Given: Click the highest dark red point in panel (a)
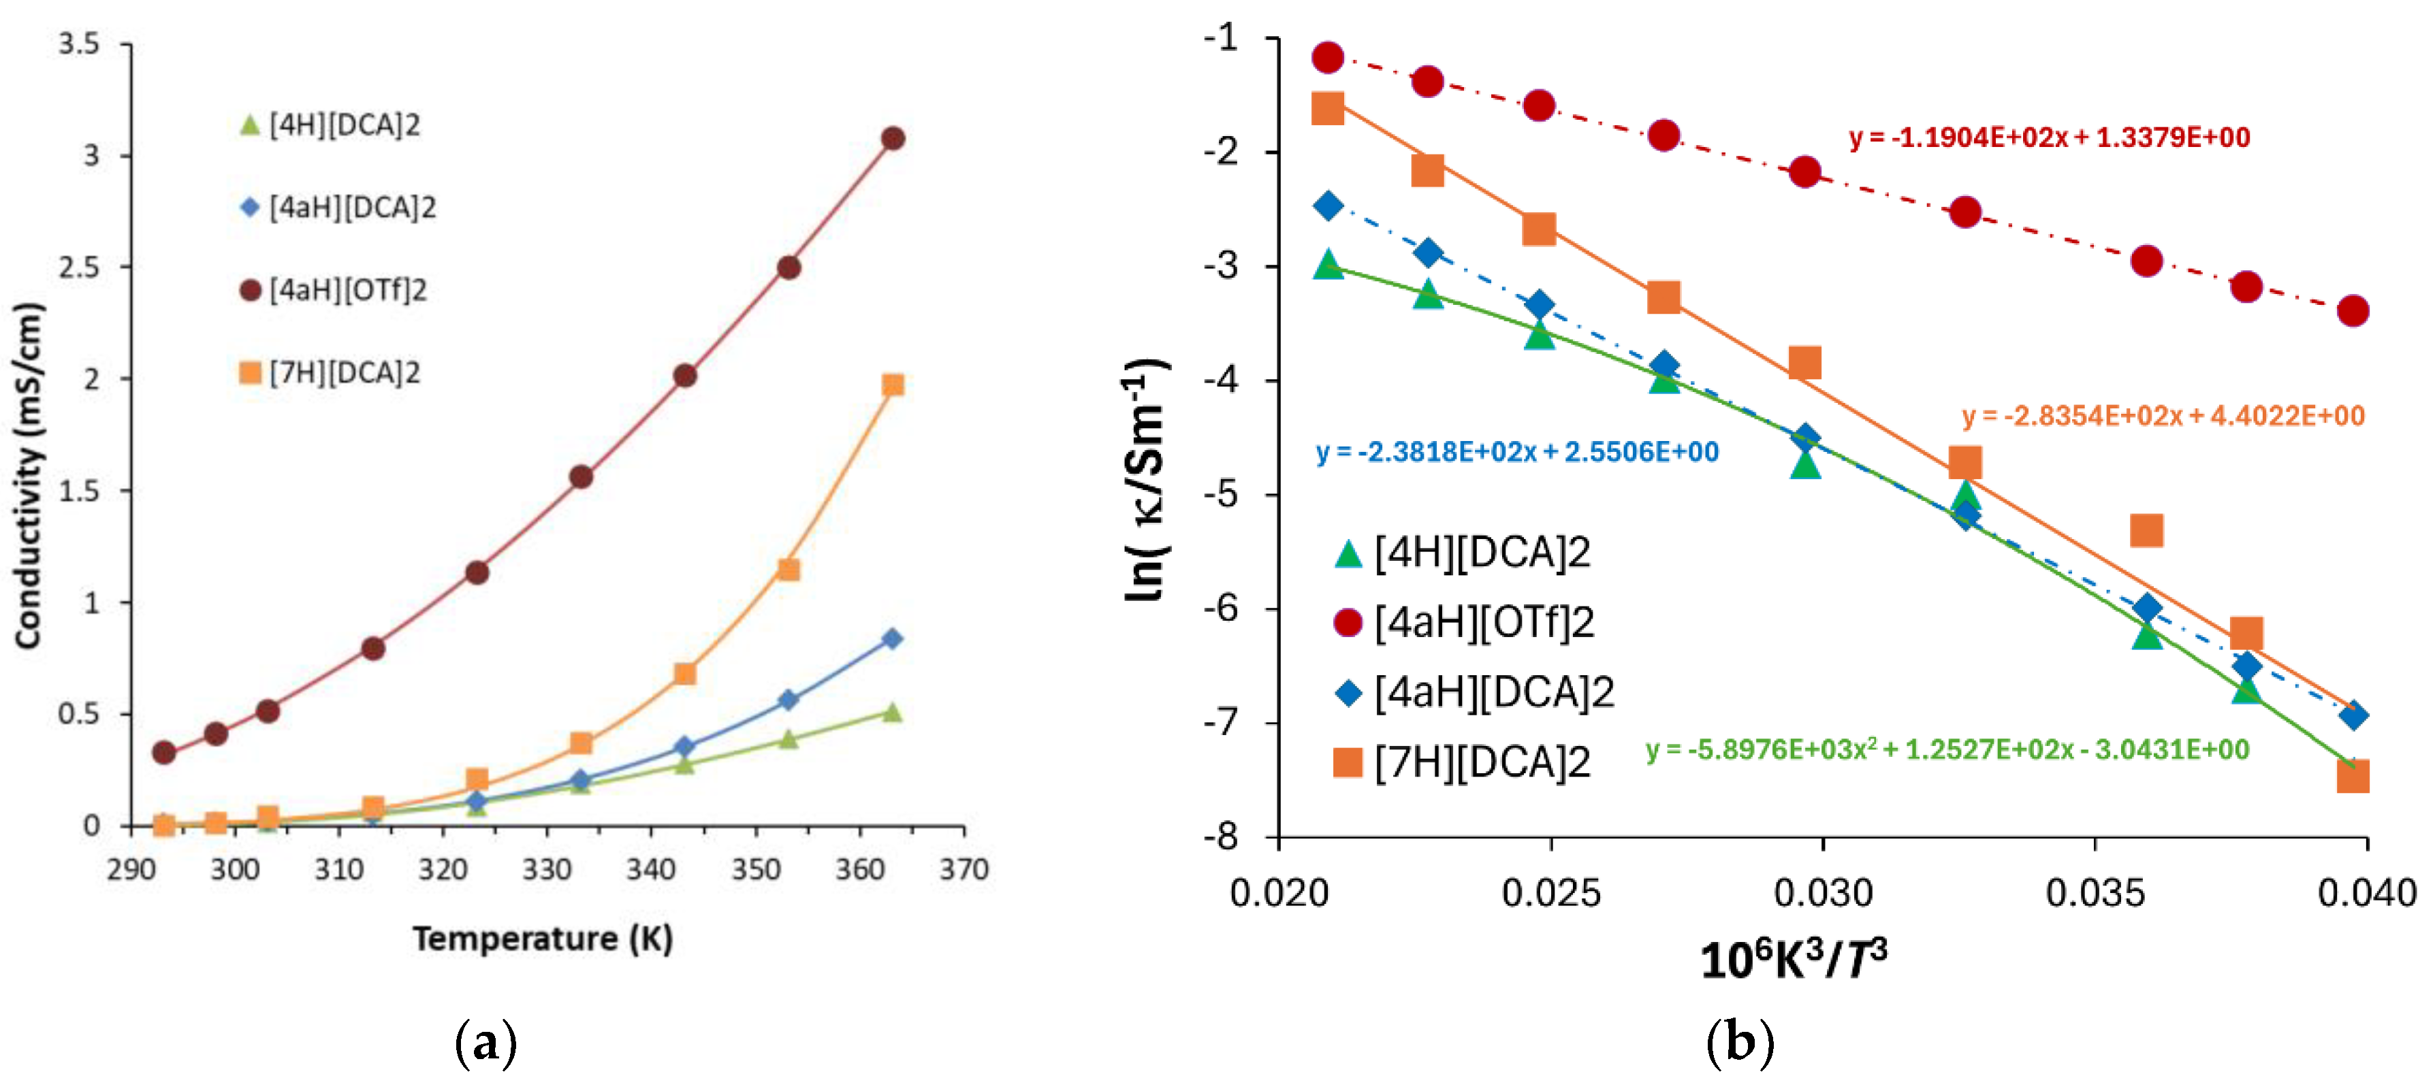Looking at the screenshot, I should point(892,139).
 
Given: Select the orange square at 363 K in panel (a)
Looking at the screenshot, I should point(892,385).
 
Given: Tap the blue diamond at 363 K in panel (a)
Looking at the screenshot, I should point(891,639).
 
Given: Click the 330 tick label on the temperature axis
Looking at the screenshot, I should point(546,869).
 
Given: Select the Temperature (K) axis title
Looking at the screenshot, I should point(543,939).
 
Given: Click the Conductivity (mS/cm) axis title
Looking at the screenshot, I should point(29,476).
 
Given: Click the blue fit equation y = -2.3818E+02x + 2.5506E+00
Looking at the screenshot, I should point(1517,452).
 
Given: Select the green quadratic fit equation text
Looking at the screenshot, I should point(1947,749).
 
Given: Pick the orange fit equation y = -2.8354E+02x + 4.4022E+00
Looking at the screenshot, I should point(2163,416).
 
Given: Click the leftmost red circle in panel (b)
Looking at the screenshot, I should point(1328,58).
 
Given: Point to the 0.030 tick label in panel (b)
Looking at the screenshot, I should point(1822,892).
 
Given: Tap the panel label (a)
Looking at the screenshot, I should point(486,1043).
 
